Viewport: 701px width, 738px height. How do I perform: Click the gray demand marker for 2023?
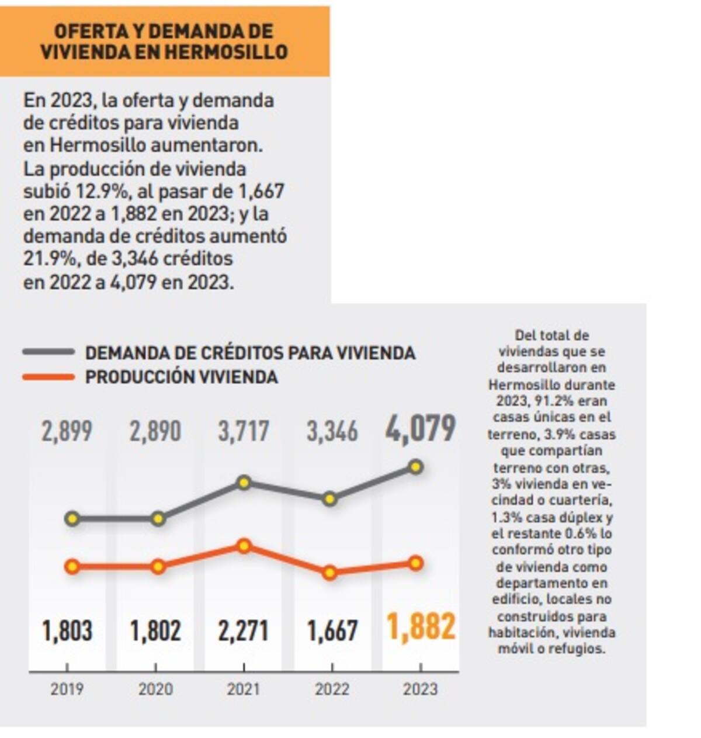416,466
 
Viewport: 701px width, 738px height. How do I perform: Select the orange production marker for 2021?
244,546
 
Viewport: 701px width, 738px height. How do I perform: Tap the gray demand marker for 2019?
72,518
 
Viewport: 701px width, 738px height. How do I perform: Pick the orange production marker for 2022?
330,573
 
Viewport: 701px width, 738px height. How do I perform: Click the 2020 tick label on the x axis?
155,689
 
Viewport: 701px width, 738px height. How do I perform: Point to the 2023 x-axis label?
420,689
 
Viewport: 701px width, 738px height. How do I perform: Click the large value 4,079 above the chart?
420,429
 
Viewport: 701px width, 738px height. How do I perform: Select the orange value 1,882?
421,628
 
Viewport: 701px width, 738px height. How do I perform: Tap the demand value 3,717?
244,432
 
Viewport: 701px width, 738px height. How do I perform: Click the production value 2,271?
244,631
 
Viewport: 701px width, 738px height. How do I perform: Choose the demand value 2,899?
67,432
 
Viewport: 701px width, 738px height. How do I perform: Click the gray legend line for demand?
48,352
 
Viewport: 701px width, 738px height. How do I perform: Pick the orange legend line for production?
48,377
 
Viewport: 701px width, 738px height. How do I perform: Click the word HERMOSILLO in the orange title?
226,51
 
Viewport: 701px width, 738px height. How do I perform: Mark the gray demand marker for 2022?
330,498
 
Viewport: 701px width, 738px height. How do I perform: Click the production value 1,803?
67,631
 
